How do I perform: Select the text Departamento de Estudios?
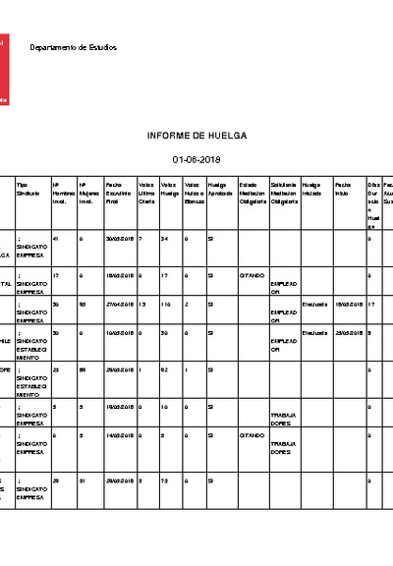click(73, 47)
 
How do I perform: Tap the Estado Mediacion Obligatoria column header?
click(252, 193)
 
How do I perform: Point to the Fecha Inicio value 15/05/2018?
click(348, 305)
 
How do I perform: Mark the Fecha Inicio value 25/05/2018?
click(348, 333)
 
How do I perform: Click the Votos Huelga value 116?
click(167, 305)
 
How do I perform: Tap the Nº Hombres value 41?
click(56, 239)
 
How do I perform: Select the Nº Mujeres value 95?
click(82, 305)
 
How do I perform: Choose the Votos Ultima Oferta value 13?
click(142, 305)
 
